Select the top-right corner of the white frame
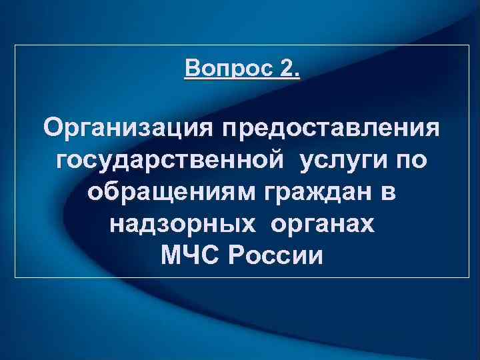(470, 45)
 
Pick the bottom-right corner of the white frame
(470, 277)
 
